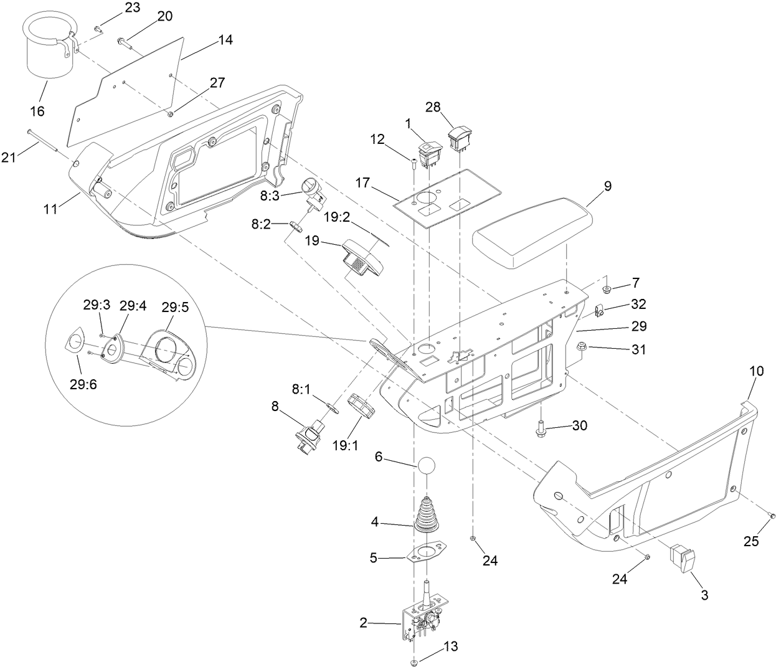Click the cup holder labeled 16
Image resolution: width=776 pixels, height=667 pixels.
[x=49, y=50]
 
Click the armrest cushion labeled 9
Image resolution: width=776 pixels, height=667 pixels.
[x=531, y=230]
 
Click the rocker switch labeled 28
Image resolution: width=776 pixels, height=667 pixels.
[x=460, y=138]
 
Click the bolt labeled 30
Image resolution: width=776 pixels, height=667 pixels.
[x=541, y=428]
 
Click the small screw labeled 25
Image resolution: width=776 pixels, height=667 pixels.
[x=772, y=516]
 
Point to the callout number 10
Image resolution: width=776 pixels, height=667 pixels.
[x=756, y=371]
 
